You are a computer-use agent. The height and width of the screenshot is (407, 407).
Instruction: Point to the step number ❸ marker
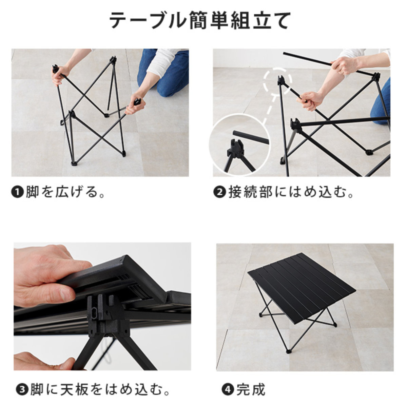pyautogui.click(x=21, y=389)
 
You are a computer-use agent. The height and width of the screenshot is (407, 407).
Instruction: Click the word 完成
pyautogui.click(x=251, y=389)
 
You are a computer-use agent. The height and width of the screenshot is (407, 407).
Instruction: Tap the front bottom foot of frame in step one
pyautogui.click(x=74, y=164)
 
